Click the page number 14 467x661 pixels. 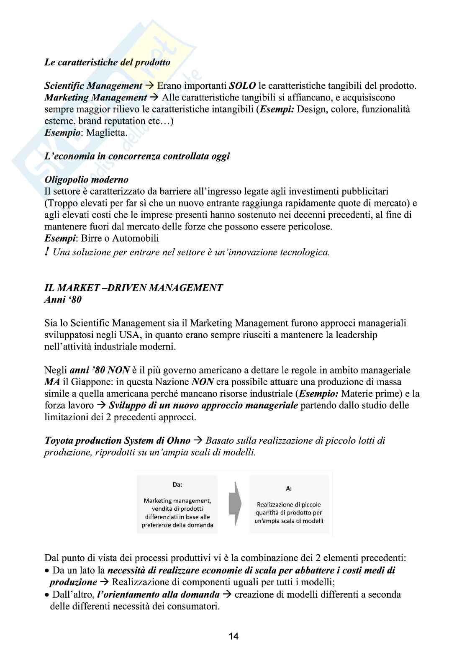point(233,636)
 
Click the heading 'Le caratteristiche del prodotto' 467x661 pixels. point(107,62)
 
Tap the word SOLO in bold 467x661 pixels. point(242,86)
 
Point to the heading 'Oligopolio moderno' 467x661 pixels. point(86,180)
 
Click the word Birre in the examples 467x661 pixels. point(91,238)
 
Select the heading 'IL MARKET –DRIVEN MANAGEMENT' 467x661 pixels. point(133,288)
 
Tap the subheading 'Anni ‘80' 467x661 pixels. point(63,299)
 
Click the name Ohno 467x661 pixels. point(179,440)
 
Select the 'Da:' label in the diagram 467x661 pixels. point(177,485)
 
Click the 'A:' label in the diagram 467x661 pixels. point(289,489)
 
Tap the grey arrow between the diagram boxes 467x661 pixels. point(236,504)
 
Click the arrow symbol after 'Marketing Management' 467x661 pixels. point(154,98)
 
